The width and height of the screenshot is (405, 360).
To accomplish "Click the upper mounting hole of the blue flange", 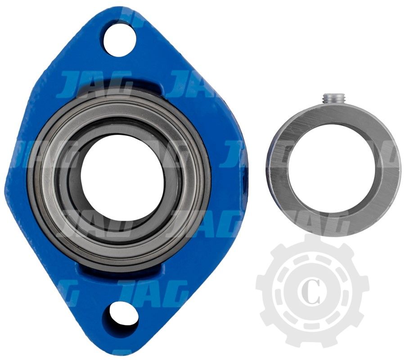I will (120, 40).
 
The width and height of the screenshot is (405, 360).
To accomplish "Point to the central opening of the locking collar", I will (332, 166).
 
